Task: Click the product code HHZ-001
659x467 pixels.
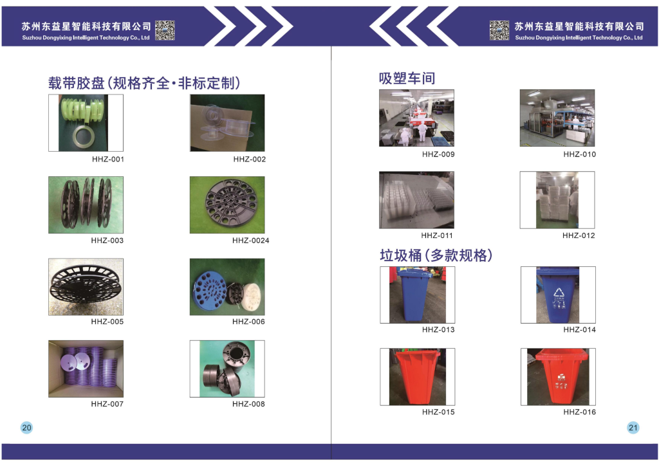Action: (x=107, y=160)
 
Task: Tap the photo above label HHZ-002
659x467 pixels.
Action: (x=227, y=123)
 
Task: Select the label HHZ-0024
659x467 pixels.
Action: (x=250, y=241)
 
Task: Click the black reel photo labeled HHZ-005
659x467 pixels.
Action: (x=86, y=287)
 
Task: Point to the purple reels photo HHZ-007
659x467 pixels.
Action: (x=86, y=369)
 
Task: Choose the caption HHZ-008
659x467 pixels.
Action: (x=248, y=404)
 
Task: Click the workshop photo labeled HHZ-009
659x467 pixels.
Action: (x=416, y=118)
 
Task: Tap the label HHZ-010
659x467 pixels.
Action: (x=579, y=154)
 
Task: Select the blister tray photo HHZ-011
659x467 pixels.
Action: (x=416, y=200)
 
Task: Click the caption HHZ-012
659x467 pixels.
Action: (x=579, y=235)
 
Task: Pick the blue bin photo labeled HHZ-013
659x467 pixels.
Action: (x=417, y=295)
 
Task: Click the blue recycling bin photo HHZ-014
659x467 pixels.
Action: (x=558, y=295)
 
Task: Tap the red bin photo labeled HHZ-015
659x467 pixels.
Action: (x=417, y=376)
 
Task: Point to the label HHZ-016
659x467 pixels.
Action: (x=579, y=412)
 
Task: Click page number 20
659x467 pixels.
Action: (x=26, y=428)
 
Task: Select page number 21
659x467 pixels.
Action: (x=633, y=428)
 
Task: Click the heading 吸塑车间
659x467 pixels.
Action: (x=407, y=78)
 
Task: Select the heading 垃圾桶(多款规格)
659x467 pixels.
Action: (x=436, y=255)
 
